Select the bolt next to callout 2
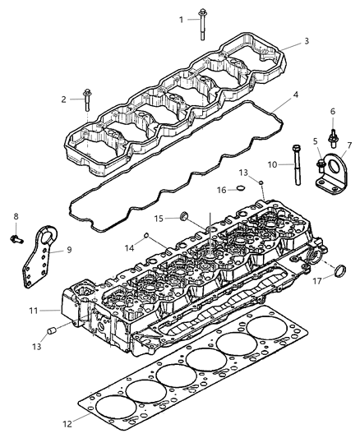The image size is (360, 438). click(85, 104)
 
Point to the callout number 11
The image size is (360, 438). click(53, 311)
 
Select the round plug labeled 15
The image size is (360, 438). click(185, 217)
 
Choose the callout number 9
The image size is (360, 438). click(69, 250)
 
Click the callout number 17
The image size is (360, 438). click(316, 279)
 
